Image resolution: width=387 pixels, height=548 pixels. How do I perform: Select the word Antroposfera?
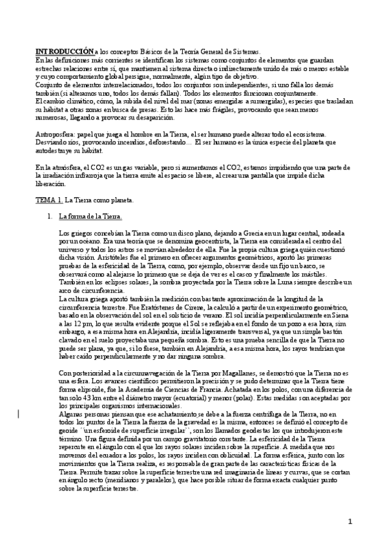[x=54, y=133]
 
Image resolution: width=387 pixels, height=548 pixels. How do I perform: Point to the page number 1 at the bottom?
[x=350, y=521]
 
